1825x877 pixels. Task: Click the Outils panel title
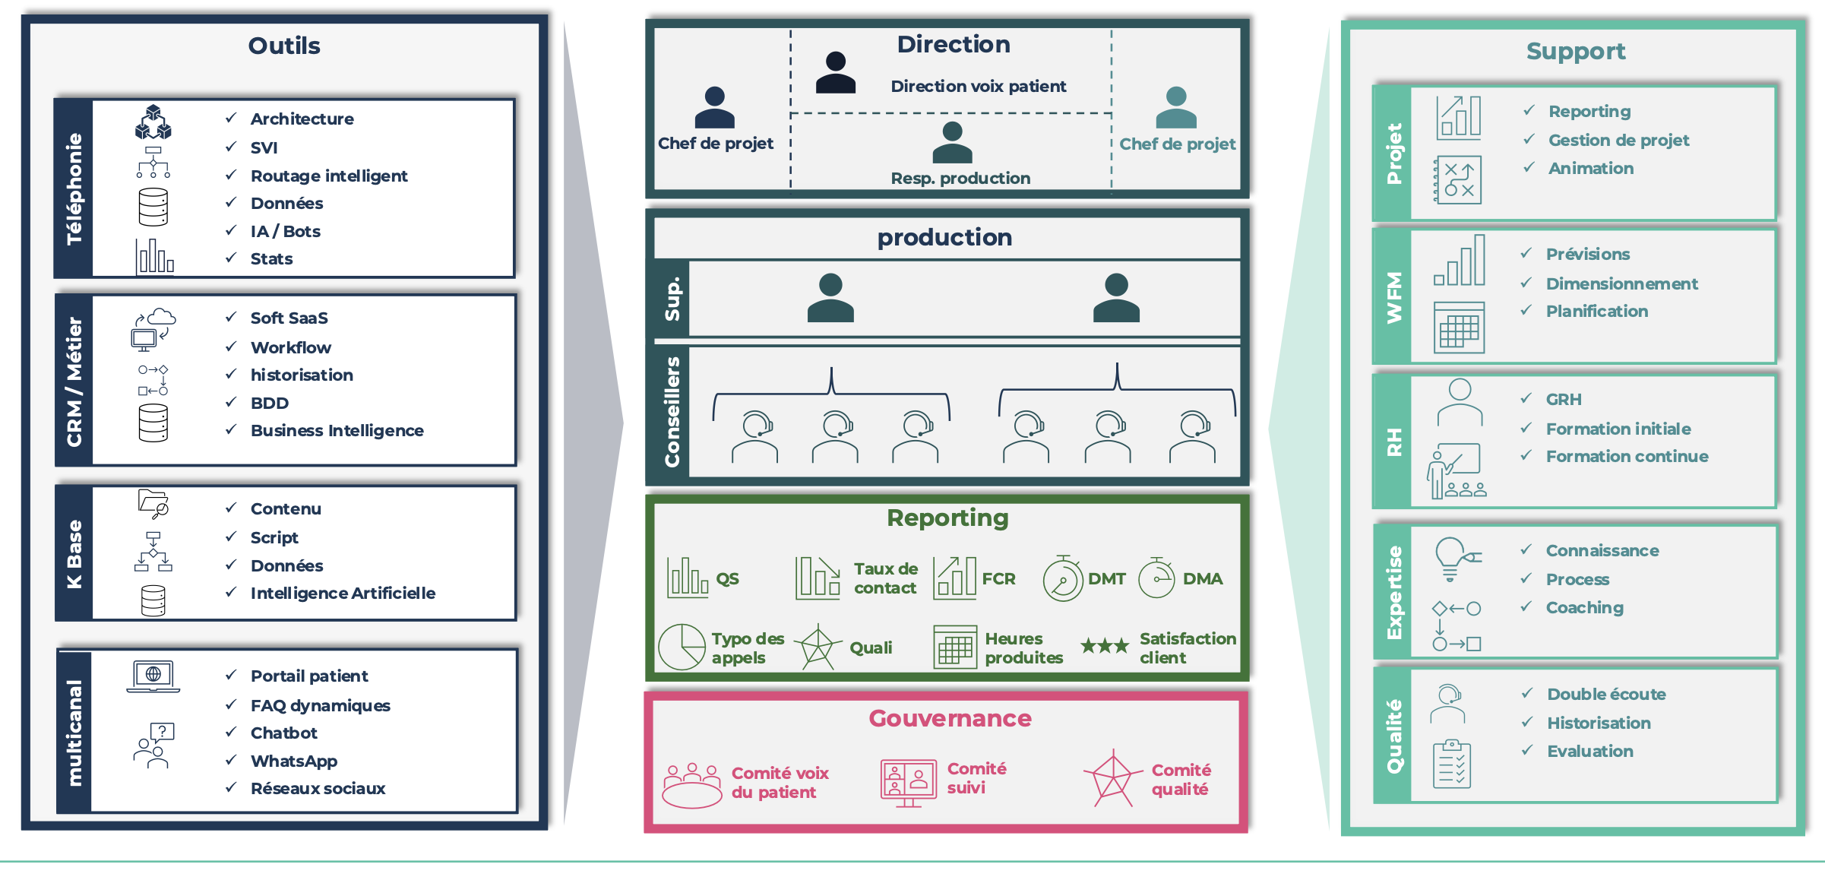coord(284,46)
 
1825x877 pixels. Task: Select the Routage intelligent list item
coord(328,176)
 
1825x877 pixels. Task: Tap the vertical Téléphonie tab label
coord(74,188)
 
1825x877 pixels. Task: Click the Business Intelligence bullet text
coord(337,430)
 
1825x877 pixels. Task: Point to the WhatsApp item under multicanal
coord(293,761)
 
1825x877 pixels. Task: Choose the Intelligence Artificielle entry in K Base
coord(343,593)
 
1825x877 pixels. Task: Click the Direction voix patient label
coord(978,87)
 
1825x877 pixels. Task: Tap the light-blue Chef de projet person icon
coord(1175,108)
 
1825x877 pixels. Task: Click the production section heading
coord(944,238)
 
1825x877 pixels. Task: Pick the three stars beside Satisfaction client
coord(1105,646)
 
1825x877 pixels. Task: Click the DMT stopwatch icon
coord(1062,579)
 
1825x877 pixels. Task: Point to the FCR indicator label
coord(998,579)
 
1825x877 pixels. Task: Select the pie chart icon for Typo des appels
coord(682,647)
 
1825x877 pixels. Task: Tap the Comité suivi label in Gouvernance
coord(976,778)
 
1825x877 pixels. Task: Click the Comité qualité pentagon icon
coord(1113,778)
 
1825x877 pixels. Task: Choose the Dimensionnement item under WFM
coord(1621,283)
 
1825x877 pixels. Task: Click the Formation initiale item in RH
coord(1618,429)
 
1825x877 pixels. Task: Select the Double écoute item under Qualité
coord(1606,694)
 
